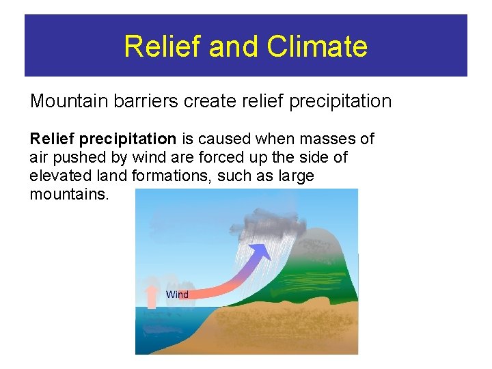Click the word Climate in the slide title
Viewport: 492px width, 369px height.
[x=318, y=46]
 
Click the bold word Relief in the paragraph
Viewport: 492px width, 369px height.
[x=52, y=139]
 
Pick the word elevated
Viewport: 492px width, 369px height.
[x=59, y=176]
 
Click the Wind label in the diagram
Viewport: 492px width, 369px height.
[x=177, y=295]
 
